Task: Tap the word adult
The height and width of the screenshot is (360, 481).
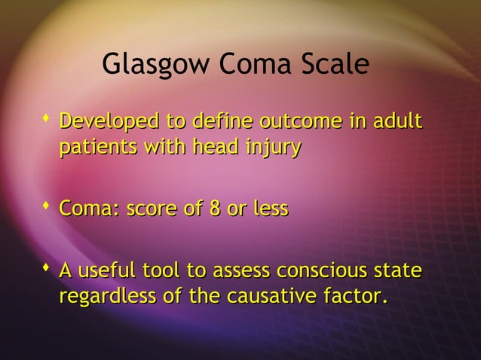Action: click(397, 121)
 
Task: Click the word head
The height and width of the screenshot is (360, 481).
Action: click(216, 147)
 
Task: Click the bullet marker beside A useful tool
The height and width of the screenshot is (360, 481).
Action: click(47, 267)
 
